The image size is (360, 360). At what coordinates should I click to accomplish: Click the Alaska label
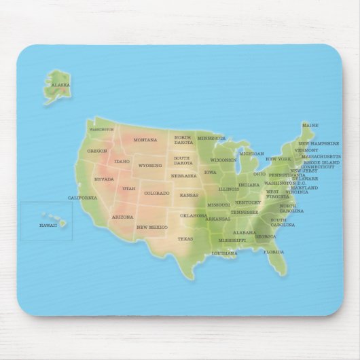coord(61,86)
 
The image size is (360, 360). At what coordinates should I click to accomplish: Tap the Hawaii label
coord(48,225)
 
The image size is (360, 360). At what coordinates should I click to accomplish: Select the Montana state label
coord(145,140)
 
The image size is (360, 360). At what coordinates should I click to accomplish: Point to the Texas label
coord(185,239)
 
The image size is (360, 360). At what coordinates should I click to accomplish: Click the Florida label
coord(274,252)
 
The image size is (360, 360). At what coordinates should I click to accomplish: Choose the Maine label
coord(310,126)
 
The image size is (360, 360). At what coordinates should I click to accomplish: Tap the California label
coord(82,198)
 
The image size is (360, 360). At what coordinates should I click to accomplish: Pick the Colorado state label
coord(157,193)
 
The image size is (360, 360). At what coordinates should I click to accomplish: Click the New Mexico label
coord(151,227)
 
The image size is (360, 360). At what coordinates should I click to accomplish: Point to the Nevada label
coord(104,179)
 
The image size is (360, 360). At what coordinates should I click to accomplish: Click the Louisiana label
coord(224,253)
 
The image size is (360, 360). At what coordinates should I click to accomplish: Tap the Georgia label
coord(265,236)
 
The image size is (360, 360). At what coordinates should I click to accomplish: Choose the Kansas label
coord(190,195)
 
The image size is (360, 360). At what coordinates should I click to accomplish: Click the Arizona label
coord(122,217)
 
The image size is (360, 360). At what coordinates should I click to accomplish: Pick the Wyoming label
coord(150,165)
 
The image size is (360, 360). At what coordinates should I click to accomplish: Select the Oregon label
coord(97,151)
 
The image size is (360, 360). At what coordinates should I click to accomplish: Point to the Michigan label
coord(251,154)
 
